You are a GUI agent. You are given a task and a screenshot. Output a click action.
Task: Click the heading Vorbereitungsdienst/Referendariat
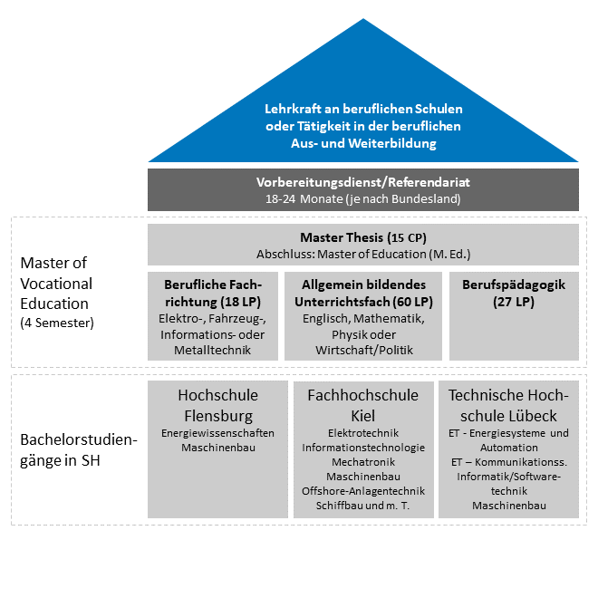(x=362, y=182)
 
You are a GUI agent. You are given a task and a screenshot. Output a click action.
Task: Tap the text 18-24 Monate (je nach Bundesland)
(x=362, y=198)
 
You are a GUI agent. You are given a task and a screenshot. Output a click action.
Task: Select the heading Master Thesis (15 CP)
(x=362, y=237)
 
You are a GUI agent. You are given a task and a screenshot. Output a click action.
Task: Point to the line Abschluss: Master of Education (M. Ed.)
(x=362, y=254)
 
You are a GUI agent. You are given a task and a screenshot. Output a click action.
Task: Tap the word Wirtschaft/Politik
(x=362, y=350)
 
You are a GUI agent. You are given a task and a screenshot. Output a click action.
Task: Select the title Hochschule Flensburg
(x=217, y=404)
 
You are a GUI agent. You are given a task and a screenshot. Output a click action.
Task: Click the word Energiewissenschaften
(x=217, y=433)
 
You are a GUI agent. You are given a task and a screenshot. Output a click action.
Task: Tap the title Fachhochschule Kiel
(x=362, y=404)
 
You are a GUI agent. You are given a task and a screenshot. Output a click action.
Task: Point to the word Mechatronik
(x=362, y=461)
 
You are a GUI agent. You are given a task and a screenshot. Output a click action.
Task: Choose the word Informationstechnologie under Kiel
(x=362, y=447)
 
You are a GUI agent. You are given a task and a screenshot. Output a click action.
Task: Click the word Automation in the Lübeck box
(x=508, y=447)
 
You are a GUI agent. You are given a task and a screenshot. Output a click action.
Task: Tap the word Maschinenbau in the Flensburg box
(x=217, y=448)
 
